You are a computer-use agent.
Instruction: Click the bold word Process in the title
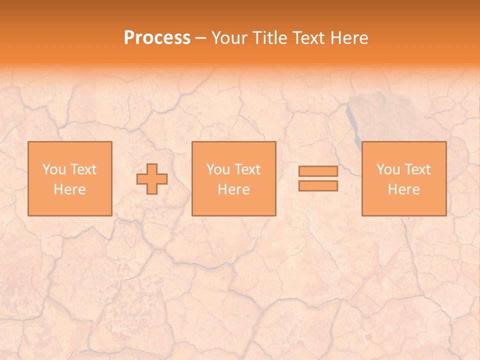coord(157,38)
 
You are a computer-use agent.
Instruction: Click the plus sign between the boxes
coord(152,179)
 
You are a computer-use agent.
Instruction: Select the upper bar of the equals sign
coord(318,171)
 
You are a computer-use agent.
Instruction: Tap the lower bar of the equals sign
coord(318,186)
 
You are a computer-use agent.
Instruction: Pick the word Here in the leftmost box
coord(69,189)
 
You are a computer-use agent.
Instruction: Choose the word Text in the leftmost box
coord(83,169)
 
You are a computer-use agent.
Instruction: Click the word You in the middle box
coord(218,169)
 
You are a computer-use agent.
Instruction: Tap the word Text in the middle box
coord(247,169)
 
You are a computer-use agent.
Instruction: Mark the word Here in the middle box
coord(233,189)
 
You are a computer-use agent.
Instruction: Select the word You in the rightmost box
coord(388,169)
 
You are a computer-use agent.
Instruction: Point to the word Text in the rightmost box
coord(417,169)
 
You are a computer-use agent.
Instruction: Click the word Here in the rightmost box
coord(403,189)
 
